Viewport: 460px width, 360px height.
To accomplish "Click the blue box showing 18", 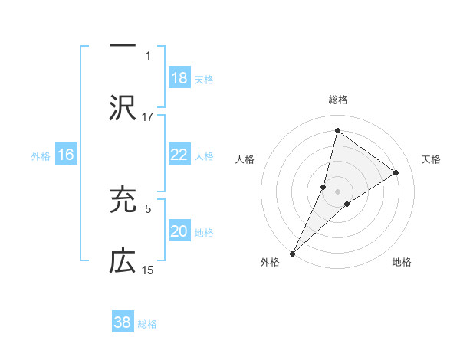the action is (179, 78).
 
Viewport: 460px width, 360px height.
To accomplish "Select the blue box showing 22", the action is (179, 155).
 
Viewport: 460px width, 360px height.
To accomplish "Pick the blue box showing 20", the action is (179, 231).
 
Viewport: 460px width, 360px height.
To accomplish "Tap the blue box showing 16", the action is (66, 155).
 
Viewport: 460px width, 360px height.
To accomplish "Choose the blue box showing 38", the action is (123, 322).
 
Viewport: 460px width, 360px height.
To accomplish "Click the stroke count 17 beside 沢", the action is (148, 116).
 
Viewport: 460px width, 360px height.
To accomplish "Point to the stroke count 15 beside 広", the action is (148, 270).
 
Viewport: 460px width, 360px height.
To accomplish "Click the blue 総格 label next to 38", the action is (147, 323).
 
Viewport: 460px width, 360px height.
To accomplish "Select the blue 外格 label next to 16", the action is (41, 155).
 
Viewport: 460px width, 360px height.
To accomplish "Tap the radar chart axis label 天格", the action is (432, 159).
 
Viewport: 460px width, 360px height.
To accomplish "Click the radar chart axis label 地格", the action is (402, 262).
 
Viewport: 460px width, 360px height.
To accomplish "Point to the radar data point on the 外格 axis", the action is (292, 253).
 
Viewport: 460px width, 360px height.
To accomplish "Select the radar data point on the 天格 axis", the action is (396, 172).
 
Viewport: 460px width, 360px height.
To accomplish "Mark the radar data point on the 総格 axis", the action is (337, 130).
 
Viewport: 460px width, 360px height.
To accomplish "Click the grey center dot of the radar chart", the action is (337, 191).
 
